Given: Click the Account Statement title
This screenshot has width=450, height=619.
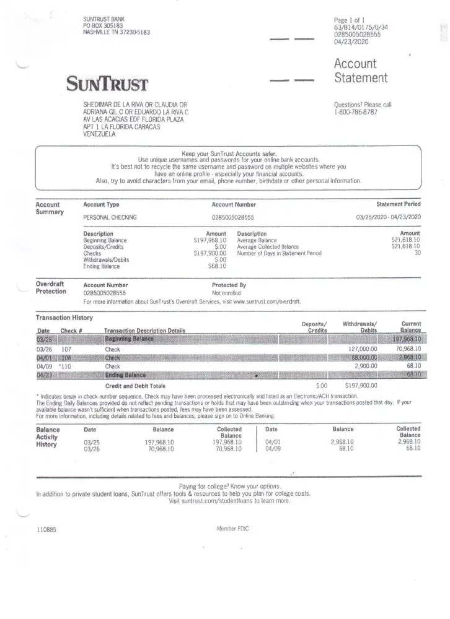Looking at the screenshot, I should pyautogui.click(x=361, y=71).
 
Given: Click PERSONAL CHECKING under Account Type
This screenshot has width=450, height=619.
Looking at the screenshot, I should pyautogui.click(x=110, y=218).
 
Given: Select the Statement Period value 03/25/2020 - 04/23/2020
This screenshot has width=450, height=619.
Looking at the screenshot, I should pyautogui.click(x=388, y=217).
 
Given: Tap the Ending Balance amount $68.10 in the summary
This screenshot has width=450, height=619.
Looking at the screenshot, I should pyautogui.click(x=217, y=267).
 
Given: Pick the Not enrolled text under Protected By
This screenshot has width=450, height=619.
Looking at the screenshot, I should pyautogui.click(x=226, y=293).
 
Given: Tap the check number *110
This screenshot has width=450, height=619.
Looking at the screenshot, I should pyautogui.click(x=65, y=366).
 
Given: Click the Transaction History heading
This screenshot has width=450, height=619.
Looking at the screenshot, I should pyautogui.click(x=64, y=318).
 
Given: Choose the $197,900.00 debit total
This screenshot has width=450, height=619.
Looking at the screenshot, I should pyautogui.click(x=361, y=386).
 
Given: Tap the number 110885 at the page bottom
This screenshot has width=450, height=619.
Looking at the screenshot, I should pyautogui.click(x=46, y=530).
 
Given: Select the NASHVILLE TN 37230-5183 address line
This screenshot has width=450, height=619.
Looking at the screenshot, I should pyautogui.click(x=117, y=33).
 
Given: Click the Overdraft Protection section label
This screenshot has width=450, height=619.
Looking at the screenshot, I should pyautogui.click(x=50, y=288).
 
